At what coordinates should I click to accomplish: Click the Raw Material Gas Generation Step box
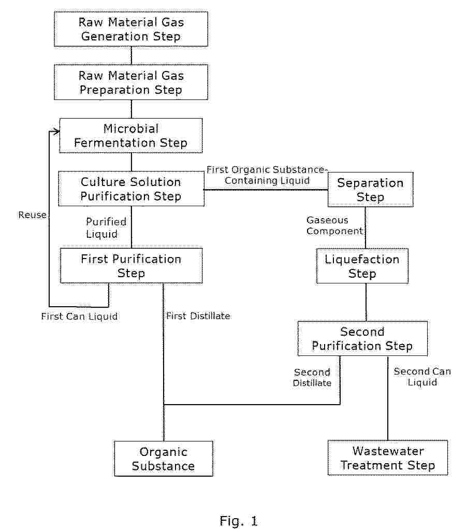tap(131, 29)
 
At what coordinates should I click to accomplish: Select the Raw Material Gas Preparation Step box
tap(131, 82)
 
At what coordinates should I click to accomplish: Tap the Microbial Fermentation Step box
tap(131, 136)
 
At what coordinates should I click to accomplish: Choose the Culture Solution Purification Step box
tap(131, 189)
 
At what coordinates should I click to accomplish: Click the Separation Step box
tap(370, 190)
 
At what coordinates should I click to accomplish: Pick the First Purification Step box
tap(131, 266)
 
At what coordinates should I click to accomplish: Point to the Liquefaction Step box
tap(362, 266)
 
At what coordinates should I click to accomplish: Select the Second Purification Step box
tap(362, 339)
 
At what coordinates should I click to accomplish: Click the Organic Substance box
tap(164, 459)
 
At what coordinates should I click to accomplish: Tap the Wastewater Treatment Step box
tap(388, 458)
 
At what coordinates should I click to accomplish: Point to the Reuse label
tap(33, 215)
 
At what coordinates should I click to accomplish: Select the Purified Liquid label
tap(106, 228)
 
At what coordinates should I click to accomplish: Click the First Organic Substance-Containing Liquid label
tap(267, 175)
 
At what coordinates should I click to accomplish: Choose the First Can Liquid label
tap(79, 316)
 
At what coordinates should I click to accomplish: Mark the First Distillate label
tap(198, 316)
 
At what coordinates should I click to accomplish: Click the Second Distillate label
tap(312, 377)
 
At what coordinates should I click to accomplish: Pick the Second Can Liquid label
tap(422, 377)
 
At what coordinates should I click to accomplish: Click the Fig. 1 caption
tap(239, 521)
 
